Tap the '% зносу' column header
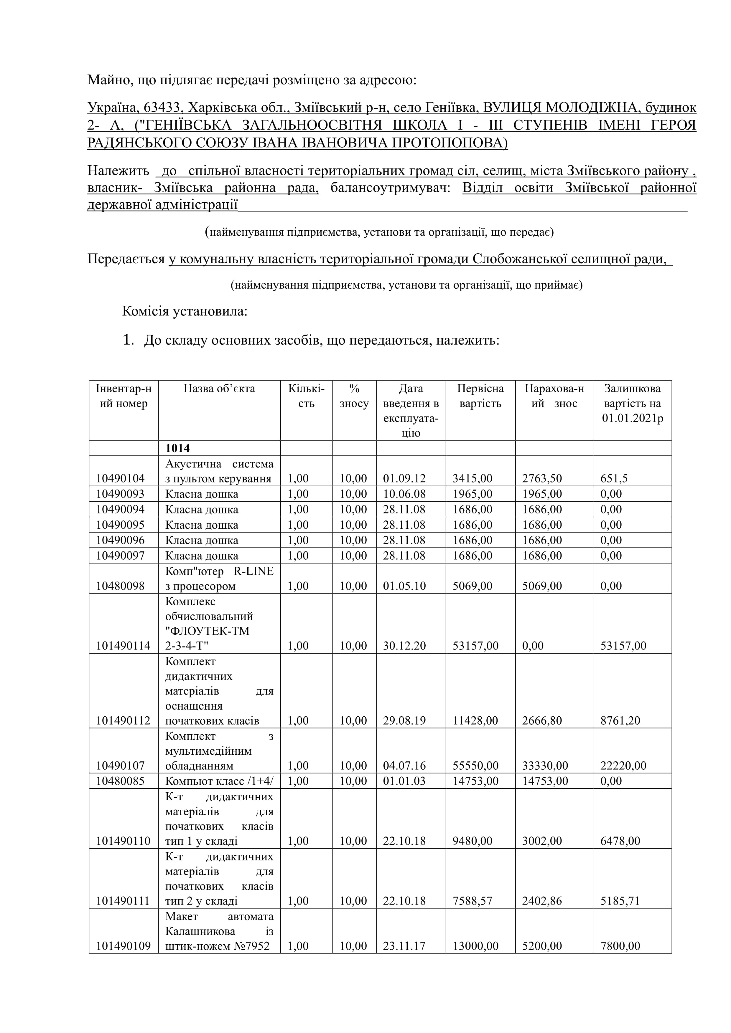[x=354, y=396]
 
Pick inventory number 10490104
[x=120, y=479]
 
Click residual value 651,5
[x=614, y=479]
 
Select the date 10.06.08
[x=404, y=494]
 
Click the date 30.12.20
[x=404, y=646]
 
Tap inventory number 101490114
[x=123, y=646]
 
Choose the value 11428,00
[x=475, y=721]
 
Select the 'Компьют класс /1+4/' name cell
[x=219, y=781]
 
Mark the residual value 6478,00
[x=620, y=841]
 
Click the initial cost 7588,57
[x=472, y=901]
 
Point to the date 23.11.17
[x=404, y=946]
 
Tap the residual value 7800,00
[x=620, y=946]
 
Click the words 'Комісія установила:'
[x=185, y=311]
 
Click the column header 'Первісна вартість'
[x=480, y=396]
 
